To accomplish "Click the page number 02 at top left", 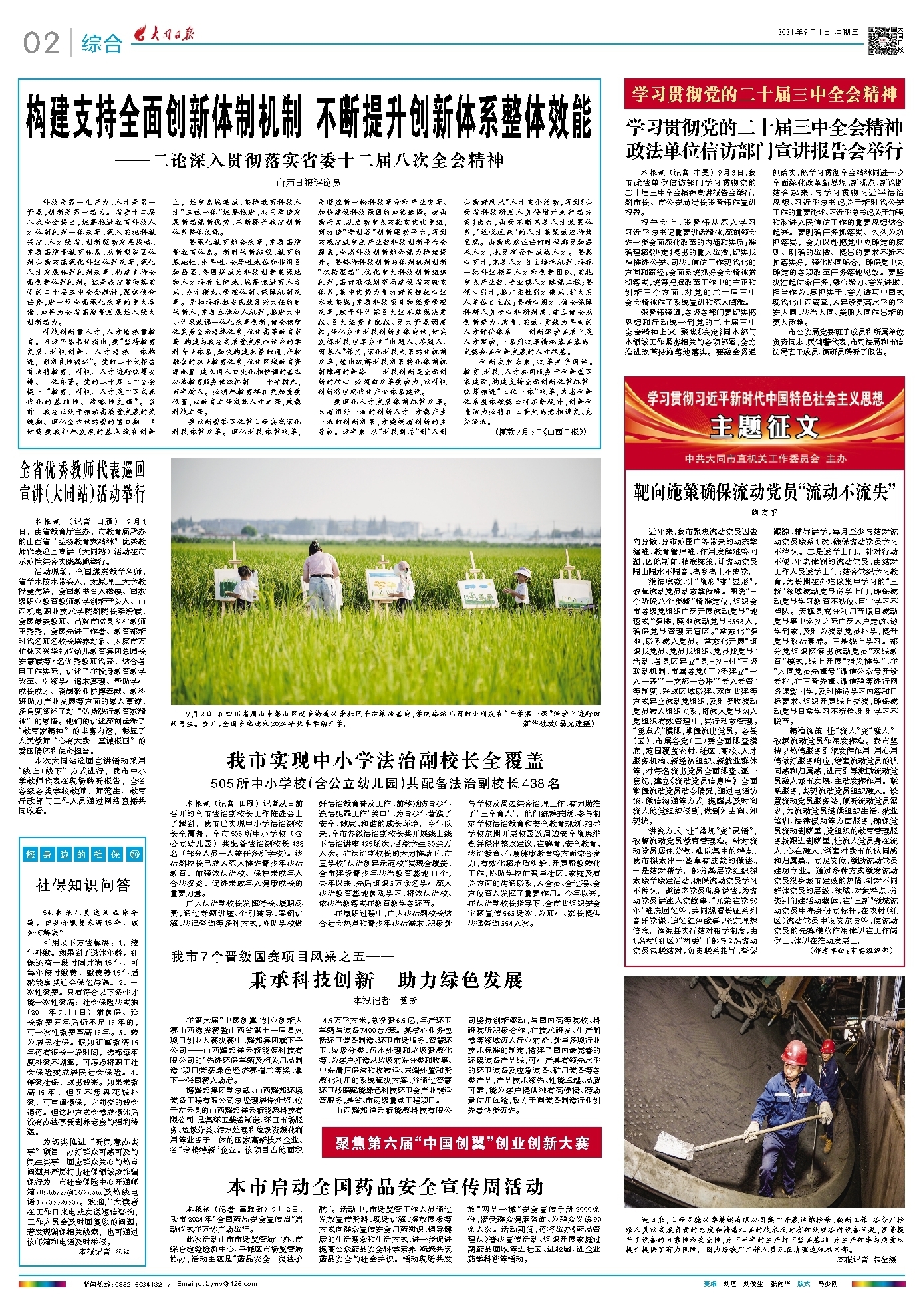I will tap(41, 43).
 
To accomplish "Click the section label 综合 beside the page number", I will tap(102, 44).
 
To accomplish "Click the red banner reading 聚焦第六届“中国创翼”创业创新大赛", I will tap(461, 1143).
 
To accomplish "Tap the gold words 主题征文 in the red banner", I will tap(764, 426).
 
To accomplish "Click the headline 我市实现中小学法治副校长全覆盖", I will tap(386, 760).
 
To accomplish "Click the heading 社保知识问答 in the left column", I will tap(83, 885).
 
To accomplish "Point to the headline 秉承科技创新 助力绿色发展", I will tap(386, 980).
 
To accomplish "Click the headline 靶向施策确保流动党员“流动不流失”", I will tap(764, 492).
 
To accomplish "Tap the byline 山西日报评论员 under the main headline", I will tap(309, 182).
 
